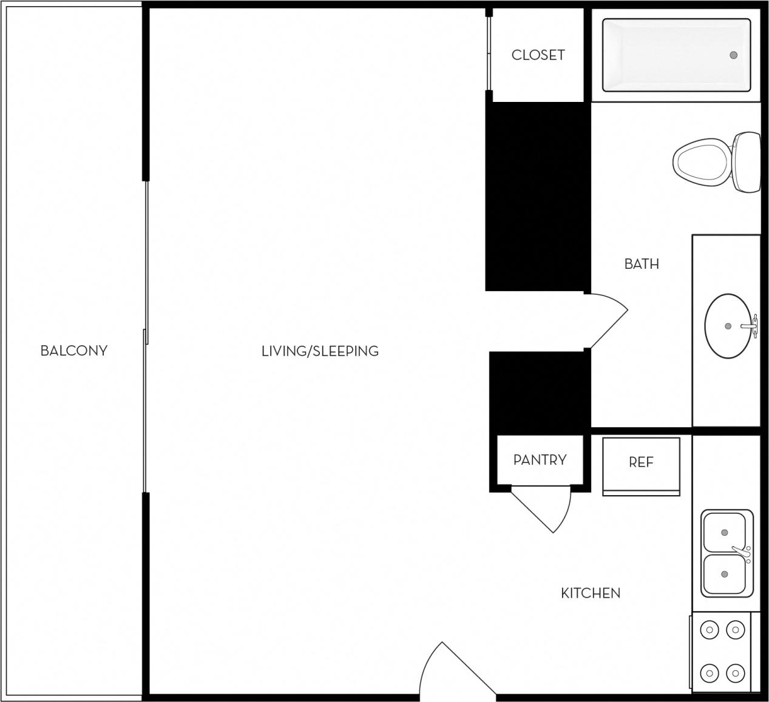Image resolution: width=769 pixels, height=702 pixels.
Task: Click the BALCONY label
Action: coord(73,351)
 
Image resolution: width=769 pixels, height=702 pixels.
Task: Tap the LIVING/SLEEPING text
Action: coord(320,351)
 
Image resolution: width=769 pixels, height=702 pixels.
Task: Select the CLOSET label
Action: coord(538,55)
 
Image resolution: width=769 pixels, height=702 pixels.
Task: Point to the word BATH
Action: coord(642,264)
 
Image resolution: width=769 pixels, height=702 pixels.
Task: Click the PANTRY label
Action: coord(540,460)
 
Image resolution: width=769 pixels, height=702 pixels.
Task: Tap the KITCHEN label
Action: coord(591,593)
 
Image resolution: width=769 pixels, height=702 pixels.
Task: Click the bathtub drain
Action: coord(733,55)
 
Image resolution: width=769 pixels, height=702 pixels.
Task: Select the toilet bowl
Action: coord(700,162)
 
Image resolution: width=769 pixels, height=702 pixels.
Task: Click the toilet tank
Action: coord(747,162)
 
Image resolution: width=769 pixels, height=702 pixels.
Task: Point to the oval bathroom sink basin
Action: coord(727,326)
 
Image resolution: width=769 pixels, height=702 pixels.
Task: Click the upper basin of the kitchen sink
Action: coord(724,532)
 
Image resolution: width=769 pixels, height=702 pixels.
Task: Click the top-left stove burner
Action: coord(709,630)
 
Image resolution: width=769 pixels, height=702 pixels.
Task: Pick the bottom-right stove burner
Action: coord(736,672)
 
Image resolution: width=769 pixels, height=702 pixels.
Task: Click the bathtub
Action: coord(676,55)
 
